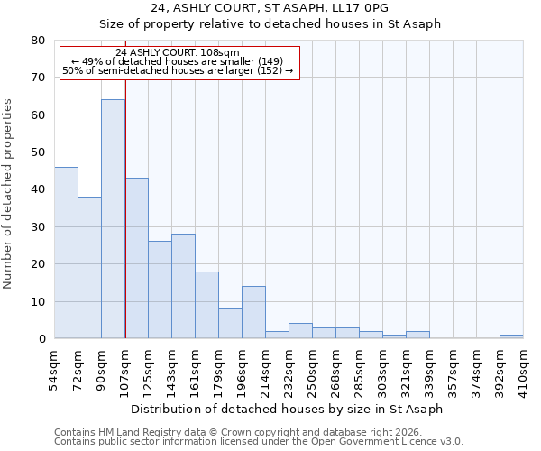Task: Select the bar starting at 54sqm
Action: pos(66,253)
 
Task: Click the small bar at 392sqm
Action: pos(511,336)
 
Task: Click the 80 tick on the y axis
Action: pos(37,41)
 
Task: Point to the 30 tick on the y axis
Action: pos(37,227)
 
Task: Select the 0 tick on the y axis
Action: pos(41,339)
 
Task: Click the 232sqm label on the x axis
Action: pos(289,369)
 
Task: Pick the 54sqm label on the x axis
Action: pos(54,369)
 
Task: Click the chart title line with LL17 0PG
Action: pos(270,8)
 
